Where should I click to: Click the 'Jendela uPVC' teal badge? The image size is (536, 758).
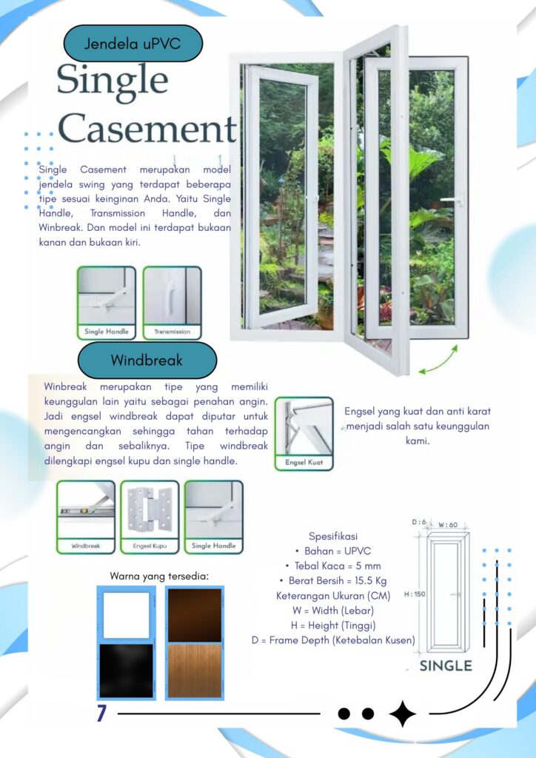[133, 44]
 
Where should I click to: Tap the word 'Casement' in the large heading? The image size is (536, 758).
[147, 129]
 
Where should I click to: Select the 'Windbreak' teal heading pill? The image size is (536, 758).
[147, 360]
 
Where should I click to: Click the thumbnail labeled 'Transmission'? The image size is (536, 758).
[172, 303]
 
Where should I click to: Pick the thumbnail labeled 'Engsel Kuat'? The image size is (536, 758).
[304, 434]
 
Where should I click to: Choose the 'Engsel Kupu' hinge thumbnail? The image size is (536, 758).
[150, 517]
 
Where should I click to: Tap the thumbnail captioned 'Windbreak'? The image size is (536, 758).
[86, 517]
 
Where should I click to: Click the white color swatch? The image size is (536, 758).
[126, 615]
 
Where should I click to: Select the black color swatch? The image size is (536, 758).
[126, 671]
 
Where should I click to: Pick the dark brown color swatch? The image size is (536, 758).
[194, 615]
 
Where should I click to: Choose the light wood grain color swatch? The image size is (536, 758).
[194, 671]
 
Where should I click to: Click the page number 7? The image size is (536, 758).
[101, 714]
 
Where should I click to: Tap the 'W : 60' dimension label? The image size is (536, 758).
[448, 525]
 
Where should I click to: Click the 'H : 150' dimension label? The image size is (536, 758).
[415, 594]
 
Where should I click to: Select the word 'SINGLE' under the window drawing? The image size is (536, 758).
[446, 665]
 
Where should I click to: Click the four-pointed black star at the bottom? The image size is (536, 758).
[402, 714]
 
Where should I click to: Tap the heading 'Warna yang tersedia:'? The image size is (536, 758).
[159, 576]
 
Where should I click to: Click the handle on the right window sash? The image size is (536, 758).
[452, 198]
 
